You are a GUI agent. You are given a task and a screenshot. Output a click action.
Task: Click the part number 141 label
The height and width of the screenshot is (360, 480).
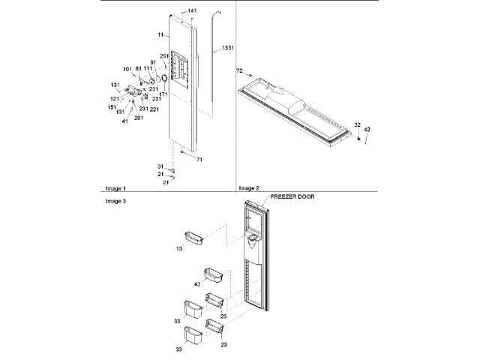(192, 10)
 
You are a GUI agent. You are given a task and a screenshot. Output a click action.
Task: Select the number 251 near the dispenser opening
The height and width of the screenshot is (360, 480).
(164, 57)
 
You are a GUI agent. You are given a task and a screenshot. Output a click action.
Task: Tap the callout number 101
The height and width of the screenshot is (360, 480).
(127, 69)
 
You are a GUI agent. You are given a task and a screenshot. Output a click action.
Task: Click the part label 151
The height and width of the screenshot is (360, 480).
(112, 107)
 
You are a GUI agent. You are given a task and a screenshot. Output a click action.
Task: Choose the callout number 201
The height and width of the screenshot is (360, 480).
(139, 118)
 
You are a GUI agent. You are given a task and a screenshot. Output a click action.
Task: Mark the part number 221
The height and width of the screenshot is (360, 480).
(154, 109)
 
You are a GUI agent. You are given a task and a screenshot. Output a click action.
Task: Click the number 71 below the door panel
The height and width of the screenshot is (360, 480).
(199, 160)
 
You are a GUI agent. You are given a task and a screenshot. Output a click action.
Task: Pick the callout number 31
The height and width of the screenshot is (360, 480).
(160, 166)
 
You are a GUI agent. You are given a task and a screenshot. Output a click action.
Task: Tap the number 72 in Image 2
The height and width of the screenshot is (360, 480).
(240, 70)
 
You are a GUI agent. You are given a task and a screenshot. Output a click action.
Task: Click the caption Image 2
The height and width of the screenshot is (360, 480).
(248, 188)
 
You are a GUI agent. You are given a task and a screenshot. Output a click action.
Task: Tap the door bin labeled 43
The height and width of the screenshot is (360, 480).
(211, 274)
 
